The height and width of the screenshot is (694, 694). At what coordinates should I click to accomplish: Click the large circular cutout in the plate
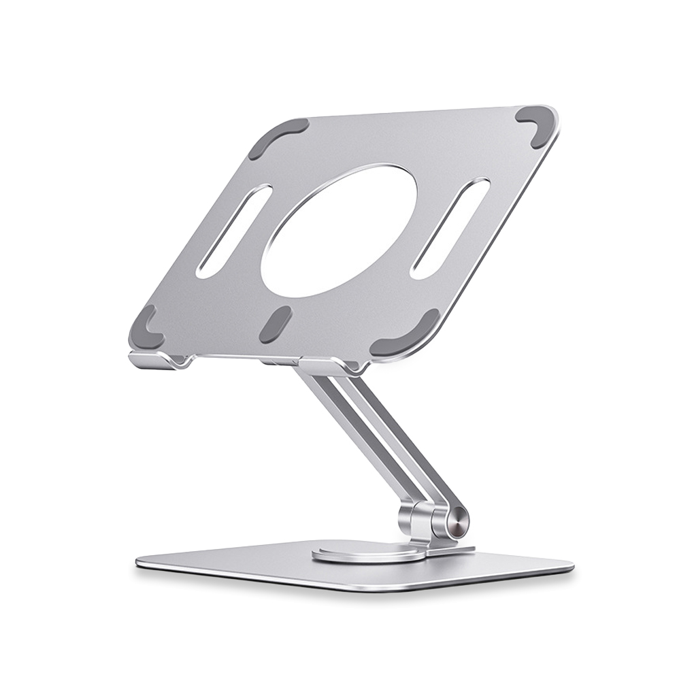(338, 231)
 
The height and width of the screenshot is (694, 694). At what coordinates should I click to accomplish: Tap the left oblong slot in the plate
(233, 231)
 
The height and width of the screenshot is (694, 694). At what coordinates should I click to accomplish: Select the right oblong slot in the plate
(450, 227)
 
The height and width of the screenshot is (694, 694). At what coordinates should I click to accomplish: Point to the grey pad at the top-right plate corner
(533, 126)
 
